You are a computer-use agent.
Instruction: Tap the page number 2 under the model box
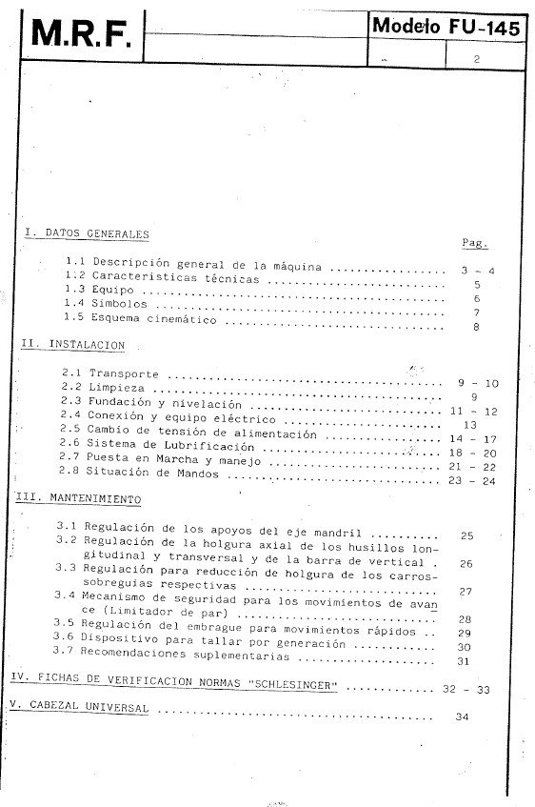coord(475,59)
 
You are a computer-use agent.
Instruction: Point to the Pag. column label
coord(475,243)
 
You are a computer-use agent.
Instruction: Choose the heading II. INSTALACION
coord(73,345)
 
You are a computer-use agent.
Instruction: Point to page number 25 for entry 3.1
coord(466,535)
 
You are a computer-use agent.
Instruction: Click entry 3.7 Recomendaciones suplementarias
coord(186,656)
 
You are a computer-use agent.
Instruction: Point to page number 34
coord(464,716)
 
